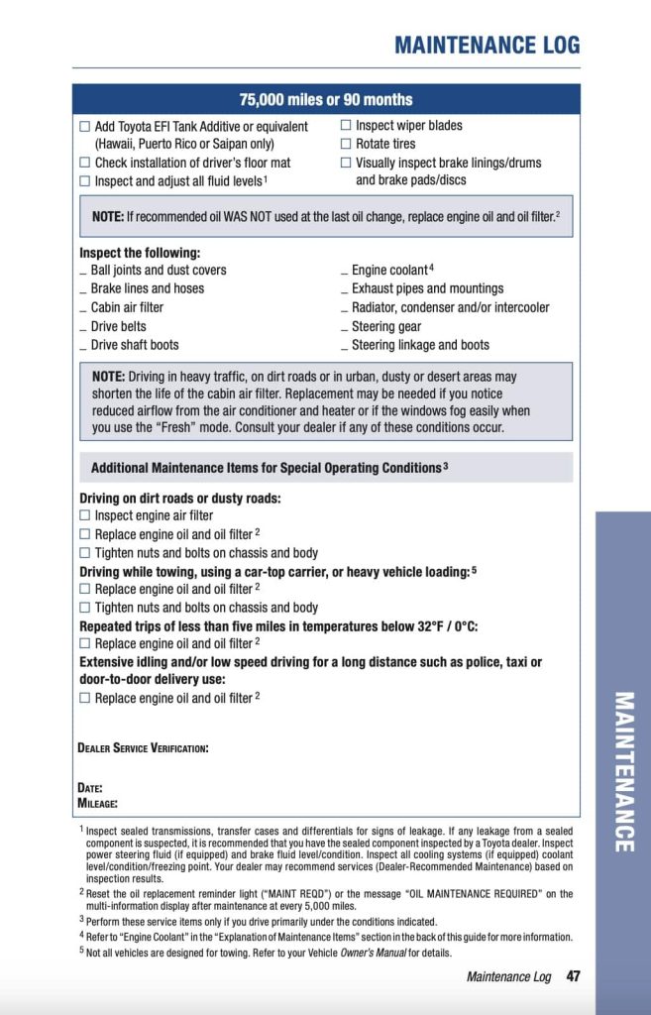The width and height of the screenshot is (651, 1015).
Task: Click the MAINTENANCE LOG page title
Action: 487,45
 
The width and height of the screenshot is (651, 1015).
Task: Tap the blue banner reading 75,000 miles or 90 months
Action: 326,100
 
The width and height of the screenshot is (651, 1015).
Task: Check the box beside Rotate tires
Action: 346,145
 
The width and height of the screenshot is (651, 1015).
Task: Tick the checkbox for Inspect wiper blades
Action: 346,126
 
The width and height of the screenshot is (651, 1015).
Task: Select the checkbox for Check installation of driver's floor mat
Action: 84,163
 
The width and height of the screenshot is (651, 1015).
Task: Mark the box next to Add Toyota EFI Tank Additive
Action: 84,127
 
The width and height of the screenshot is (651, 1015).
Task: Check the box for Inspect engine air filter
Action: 84,515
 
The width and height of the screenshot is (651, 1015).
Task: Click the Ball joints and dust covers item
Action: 158,270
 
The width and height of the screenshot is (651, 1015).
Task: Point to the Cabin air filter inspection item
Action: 127,307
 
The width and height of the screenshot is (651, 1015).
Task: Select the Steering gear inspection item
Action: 385,326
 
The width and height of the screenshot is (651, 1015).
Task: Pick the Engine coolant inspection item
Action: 389,270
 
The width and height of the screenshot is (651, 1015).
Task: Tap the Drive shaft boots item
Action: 134,345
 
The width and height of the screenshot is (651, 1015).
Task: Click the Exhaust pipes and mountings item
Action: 427,288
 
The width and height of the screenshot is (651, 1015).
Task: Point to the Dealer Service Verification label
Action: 143,747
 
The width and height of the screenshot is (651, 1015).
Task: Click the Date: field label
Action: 90,788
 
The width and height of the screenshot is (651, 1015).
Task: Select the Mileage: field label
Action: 98,802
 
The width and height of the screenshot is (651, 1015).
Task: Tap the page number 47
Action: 573,976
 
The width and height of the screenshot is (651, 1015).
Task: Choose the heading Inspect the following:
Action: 140,253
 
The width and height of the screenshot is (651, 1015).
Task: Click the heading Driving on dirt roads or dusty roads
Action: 180,498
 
